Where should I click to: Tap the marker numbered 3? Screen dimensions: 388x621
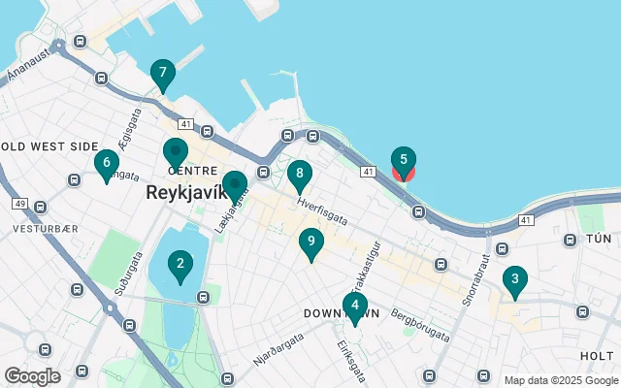click(x=514, y=280)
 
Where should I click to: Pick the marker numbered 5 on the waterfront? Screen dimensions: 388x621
click(x=404, y=162)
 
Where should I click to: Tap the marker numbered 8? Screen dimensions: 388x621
click(x=300, y=176)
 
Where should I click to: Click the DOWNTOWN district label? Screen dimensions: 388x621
click(x=340, y=314)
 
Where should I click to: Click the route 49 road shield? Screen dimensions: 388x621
click(x=18, y=205)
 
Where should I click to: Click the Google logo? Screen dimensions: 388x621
click(x=33, y=375)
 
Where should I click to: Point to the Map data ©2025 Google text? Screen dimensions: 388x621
click(x=561, y=380)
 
